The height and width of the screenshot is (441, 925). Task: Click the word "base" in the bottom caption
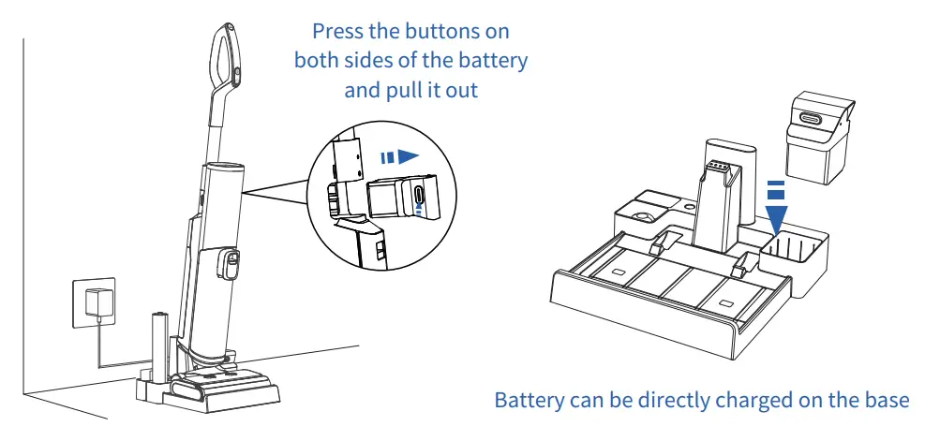pyautogui.click(x=888, y=400)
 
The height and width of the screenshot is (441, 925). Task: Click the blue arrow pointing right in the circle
pyautogui.click(x=399, y=157)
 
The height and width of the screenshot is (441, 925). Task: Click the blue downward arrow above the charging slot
pyautogui.click(x=777, y=210)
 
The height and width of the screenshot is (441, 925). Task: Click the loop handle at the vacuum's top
pyautogui.click(x=225, y=56)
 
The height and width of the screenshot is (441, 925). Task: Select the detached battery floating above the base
pyautogui.click(x=820, y=138)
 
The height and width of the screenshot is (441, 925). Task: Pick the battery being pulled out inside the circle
pyautogui.click(x=404, y=197)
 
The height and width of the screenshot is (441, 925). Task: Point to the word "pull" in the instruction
pyautogui.click(x=404, y=92)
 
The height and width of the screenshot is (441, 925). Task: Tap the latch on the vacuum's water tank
pyautogui.click(x=229, y=264)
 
